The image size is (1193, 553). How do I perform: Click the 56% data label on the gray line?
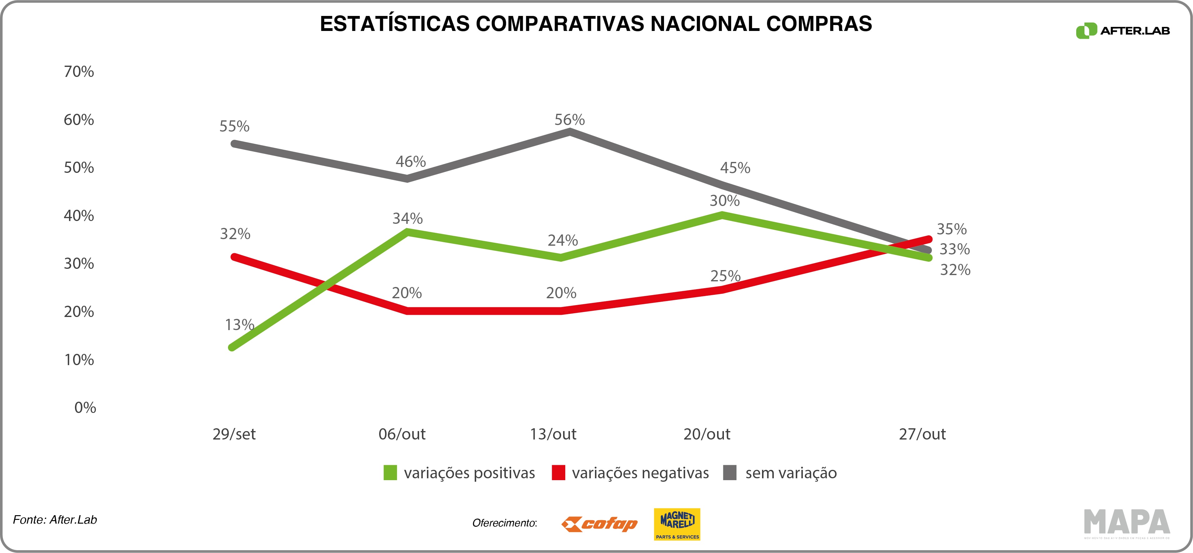(x=569, y=120)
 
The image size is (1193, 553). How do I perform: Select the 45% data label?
(x=735, y=167)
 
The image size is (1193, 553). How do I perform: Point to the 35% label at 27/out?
(x=952, y=229)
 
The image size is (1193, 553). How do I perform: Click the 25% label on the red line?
(x=725, y=276)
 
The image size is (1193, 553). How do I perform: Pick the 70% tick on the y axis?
(x=79, y=71)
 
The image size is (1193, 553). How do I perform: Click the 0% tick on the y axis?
(x=85, y=407)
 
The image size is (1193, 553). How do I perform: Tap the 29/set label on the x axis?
(x=234, y=434)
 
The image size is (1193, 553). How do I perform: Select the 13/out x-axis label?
(x=553, y=434)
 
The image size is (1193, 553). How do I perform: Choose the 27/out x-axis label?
(x=922, y=434)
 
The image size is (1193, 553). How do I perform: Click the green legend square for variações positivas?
(x=390, y=473)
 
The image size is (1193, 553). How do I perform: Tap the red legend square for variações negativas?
(x=558, y=473)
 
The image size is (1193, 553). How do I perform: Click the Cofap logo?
(x=599, y=524)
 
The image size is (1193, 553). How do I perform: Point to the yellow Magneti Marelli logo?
(x=677, y=524)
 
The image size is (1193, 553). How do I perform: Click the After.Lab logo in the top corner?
(x=1123, y=31)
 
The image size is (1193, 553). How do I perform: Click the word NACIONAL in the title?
(x=705, y=24)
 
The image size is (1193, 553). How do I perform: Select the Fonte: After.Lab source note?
(x=55, y=520)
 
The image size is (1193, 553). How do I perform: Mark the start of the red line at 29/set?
(x=234, y=257)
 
